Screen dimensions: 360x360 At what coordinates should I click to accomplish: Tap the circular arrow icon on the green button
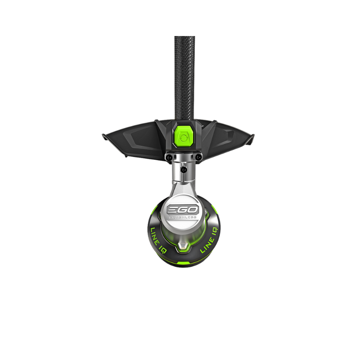click(x=182, y=139)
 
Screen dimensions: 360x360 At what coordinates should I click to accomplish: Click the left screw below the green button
click(x=167, y=157)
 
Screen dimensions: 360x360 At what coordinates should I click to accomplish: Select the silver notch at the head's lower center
click(x=182, y=247)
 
